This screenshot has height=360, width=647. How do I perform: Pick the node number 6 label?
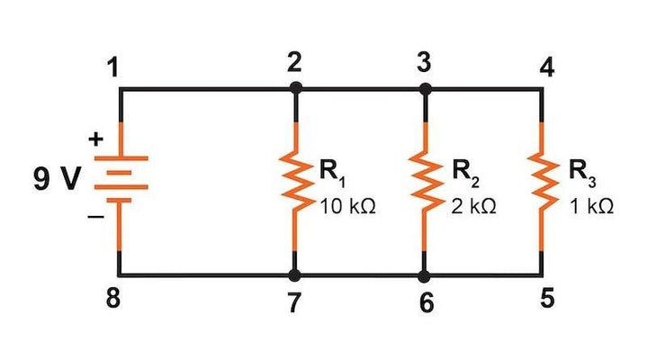coord(427,303)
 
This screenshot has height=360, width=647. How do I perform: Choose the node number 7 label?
coord(294,303)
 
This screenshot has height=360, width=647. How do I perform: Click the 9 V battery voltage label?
coord(57,179)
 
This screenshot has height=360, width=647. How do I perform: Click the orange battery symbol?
coord(119,179)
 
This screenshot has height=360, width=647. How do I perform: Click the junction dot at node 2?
coord(295,88)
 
